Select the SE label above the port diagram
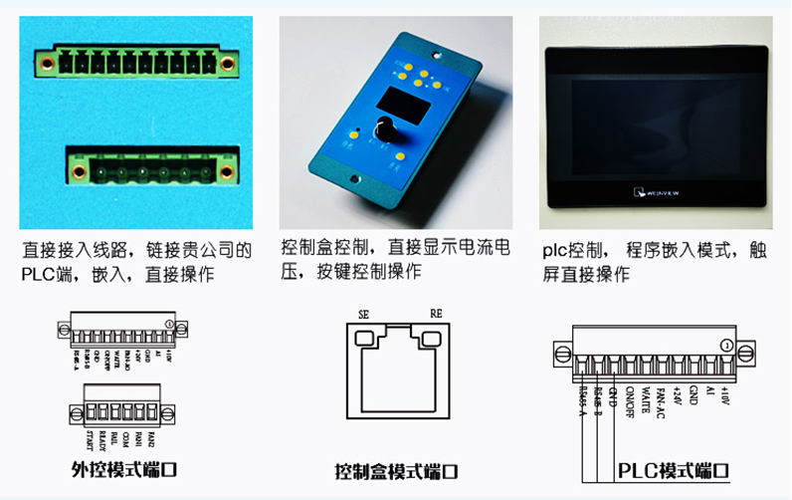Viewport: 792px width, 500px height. pos(363,314)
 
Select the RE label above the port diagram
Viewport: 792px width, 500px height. pos(435,314)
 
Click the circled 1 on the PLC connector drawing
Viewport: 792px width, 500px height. pos(726,346)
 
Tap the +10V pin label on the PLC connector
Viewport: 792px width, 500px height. pos(725,397)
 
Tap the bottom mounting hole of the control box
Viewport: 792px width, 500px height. pos(353,180)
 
